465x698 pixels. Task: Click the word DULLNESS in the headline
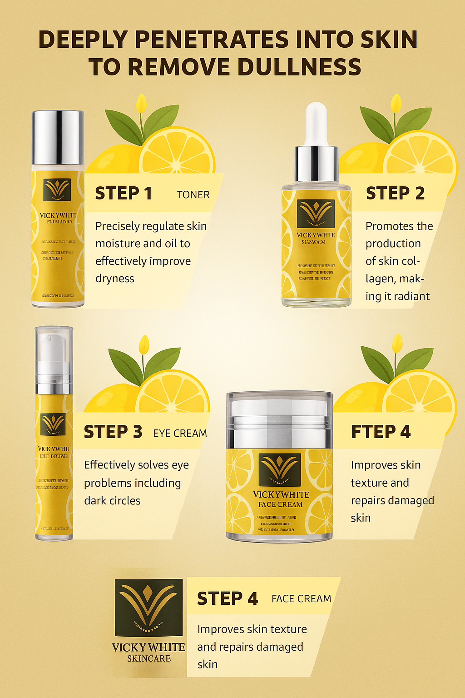click(299, 67)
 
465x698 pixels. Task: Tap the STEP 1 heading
click(123, 194)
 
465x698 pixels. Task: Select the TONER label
click(193, 195)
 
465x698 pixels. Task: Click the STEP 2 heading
click(395, 194)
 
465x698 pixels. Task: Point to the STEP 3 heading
click(113, 432)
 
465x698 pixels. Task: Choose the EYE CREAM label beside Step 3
click(180, 434)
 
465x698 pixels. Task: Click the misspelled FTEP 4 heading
click(381, 432)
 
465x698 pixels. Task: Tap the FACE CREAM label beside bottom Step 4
click(301, 599)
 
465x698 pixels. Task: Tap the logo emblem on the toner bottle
click(57, 190)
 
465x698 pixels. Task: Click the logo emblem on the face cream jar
click(280, 469)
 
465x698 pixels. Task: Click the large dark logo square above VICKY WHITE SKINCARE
click(148, 608)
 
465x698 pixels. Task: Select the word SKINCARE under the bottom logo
click(149, 658)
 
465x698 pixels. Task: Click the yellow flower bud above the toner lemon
click(141, 103)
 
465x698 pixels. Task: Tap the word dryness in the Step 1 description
click(115, 279)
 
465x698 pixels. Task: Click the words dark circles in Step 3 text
click(112, 501)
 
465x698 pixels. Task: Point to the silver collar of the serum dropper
click(317, 164)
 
